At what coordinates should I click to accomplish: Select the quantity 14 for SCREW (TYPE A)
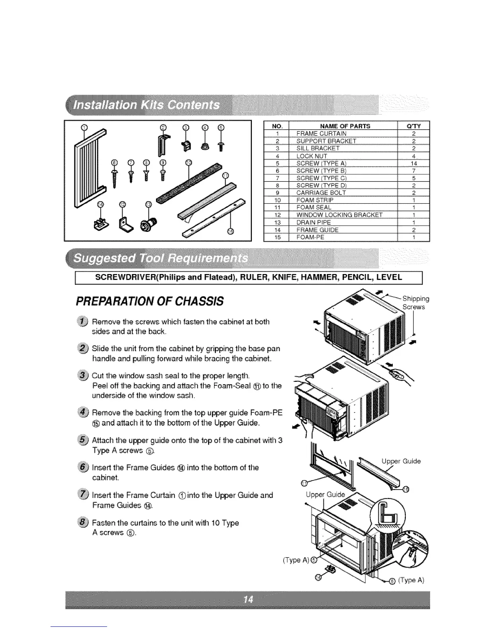pyautogui.click(x=413, y=163)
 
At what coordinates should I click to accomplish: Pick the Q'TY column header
pyautogui.click(x=413, y=126)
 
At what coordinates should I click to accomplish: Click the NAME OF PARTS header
pyautogui.click(x=342, y=126)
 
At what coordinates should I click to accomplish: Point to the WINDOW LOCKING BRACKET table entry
pyautogui.click(x=339, y=215)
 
